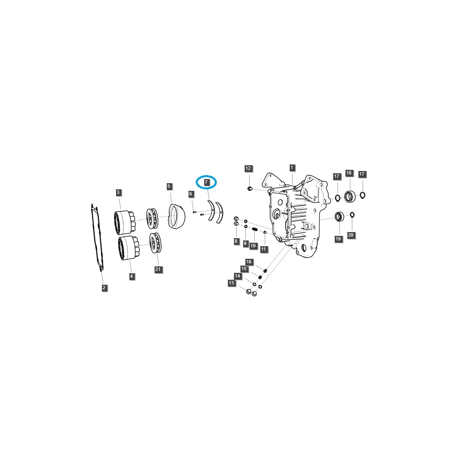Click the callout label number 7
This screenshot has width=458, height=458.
tap(206, 182)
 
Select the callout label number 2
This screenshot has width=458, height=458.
tap(104, 288)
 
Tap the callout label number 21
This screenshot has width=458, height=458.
tap(158, 269)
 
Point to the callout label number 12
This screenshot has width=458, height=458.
tap(248, 168)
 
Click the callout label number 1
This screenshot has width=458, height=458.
tap(292, 168)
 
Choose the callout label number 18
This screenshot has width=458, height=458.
tap(349, 173)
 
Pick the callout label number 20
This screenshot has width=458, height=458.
tap(351, 235)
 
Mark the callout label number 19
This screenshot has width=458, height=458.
tap(338, 239)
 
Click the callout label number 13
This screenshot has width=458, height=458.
tap(231, 283)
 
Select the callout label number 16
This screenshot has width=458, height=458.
tap(249, 262)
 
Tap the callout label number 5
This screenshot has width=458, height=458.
tap(169, 186)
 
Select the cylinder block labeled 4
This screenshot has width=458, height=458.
tap(127, 248)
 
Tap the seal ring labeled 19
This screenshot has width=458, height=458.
tap(339, 217)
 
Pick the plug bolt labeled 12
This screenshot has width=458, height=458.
tap(250, 188)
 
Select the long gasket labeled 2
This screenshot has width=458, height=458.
tap(96, 237)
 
